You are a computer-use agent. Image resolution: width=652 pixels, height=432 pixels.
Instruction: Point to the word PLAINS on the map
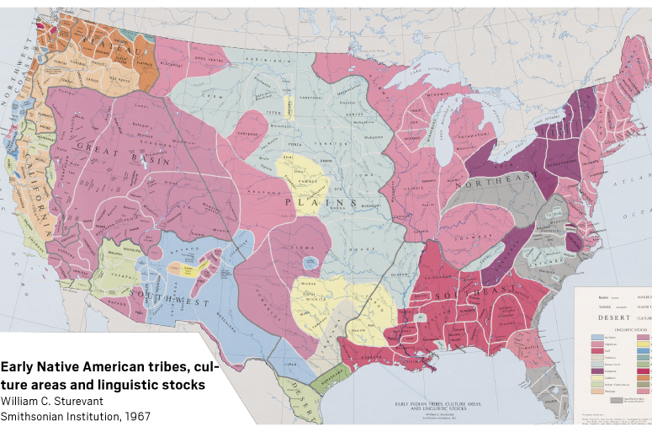tap(321, 203)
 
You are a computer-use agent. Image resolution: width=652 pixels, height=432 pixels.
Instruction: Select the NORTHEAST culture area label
tap(496, 179)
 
